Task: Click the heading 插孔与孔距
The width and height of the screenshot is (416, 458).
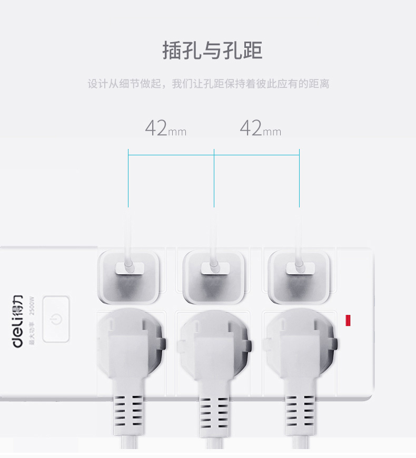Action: pyautogui.click(x=212, y=51)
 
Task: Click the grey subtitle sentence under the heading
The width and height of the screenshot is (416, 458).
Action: pyautogui.click(x=209, y=84)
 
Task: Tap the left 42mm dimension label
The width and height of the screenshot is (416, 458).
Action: pyautogui.click(x=165, y=128)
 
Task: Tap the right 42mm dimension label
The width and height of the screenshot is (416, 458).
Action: pyautogui.click(x=260, y=128)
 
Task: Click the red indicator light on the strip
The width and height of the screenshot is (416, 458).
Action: pyautogui.click(x=348, y=320)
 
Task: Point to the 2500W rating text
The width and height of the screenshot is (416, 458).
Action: pyautogui.click(x=32, y=307)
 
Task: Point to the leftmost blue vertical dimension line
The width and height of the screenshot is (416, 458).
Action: pyautogui.click(x=128, y=179)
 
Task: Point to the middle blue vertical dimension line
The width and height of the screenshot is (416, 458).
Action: pyautogui.click(x=214, y=179)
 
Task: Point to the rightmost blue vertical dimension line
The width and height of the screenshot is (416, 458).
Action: pyautogui.click(x=299, y=179)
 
